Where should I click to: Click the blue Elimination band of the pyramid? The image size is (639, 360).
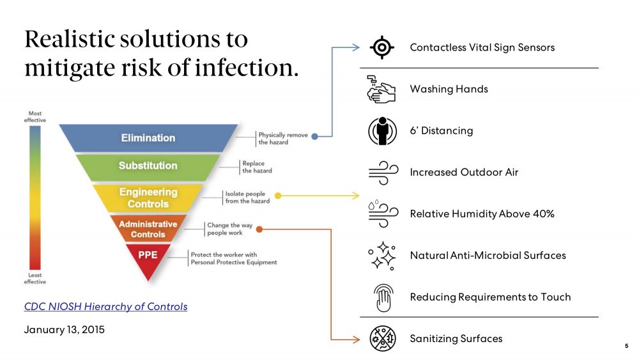click(x=148, y=137)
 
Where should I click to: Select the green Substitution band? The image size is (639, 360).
click(x=148, y=166)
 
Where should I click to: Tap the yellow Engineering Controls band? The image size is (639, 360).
click(x=148, y=198)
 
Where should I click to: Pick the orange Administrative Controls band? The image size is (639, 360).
click(x=148, y=229)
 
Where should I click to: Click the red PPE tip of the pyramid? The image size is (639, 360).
click(x=148, y=257)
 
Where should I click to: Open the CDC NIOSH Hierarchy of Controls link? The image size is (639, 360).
click(x=106, y=306)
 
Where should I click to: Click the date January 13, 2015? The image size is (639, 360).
click(x=64, y=330)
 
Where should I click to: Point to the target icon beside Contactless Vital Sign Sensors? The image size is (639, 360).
click(x=382, y=47)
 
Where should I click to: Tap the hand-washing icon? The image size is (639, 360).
click(x=382, y=89)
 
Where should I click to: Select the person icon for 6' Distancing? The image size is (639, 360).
click(x=382, y=130)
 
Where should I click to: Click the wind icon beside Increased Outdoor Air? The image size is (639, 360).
click(x=382, y=172)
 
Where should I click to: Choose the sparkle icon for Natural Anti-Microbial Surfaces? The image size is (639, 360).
click(x=382, y=255)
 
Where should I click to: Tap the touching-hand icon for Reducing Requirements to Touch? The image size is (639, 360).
click(x=382, y=297)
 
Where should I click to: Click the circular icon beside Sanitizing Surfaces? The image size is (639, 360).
click(x=382, y=339)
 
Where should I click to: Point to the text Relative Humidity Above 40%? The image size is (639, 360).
click(x=482, y=214)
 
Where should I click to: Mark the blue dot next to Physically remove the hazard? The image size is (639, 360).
click(x=314, y=136)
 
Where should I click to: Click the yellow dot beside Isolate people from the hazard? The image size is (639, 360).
click(x=277, y=195)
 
